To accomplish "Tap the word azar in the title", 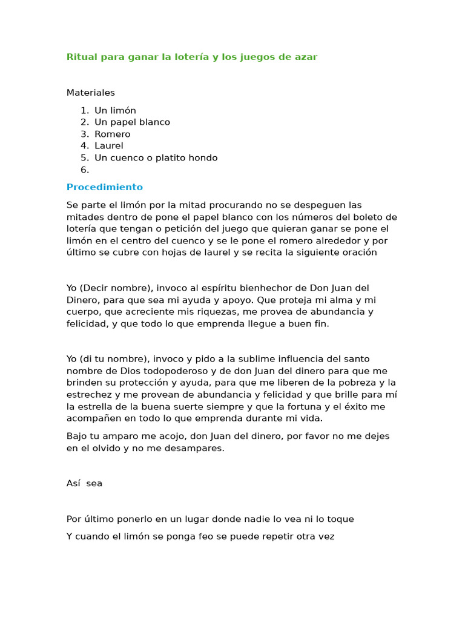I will pyautogui.click(x=306, y=57).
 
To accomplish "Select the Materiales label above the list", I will pyautogui.click(x=91, y=93).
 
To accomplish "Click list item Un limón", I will pyautogui.click(x=115, y=110).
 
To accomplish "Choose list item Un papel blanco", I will pyautogui.click(x=132, y=122).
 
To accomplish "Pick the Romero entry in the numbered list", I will pyautogui.click(x=112, y=134).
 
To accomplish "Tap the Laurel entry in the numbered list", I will pyautogui.click(x=108, y=145).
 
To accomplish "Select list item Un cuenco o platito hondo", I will pyautogui.click(x=156, y=157).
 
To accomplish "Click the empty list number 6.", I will pyautogui.click(x=85, y=170).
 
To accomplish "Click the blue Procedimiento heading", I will pyautogui.click(x=105, y=187).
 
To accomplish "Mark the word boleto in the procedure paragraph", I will pyautogui.click(x=366, y=217).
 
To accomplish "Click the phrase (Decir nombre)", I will pyautogui.click(x=111, y=288).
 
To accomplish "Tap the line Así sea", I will pyautogui.click(x=85, y=483).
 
